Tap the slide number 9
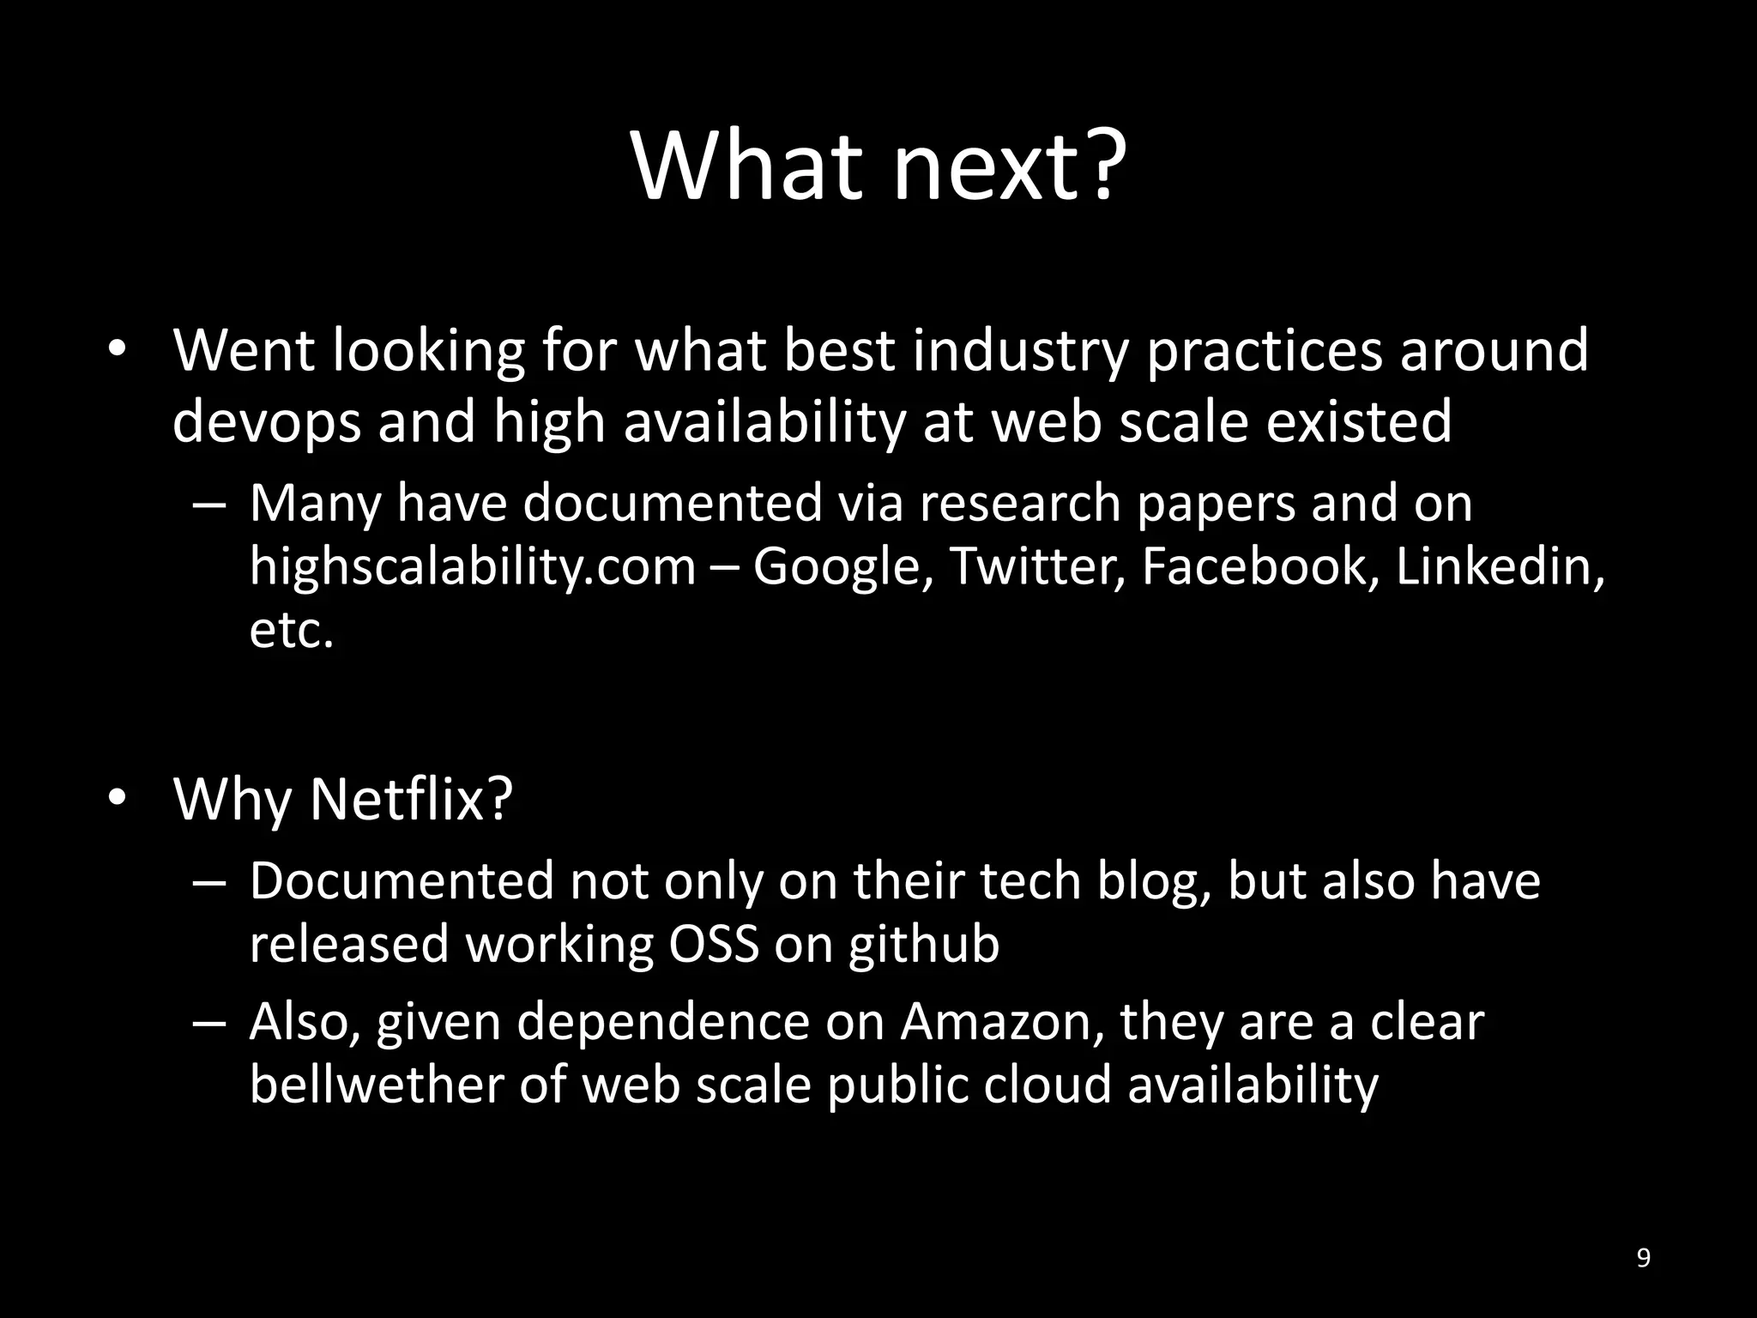[x=1643, y=1258]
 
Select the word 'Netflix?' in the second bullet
[x=410, y=799]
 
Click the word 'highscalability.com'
[x=473, y=566]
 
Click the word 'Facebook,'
[x=1260, y=566]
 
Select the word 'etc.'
[x=291, y=631]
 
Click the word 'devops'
[x=266, y=422]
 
